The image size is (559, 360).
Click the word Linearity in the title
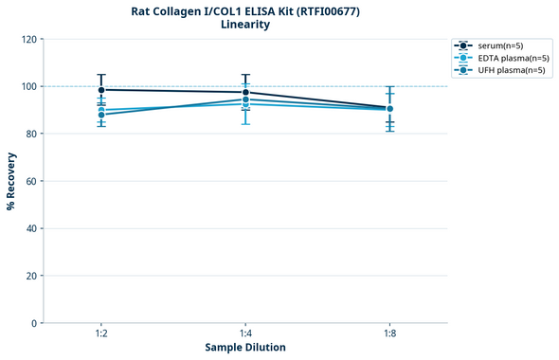244,25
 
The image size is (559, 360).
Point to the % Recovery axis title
11,180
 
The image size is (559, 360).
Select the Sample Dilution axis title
245,348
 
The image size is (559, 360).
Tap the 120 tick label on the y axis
28,39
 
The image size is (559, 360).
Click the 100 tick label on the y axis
28,86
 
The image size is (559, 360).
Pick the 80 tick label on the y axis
31,134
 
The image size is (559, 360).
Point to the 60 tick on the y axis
31,181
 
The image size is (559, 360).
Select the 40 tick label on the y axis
31,228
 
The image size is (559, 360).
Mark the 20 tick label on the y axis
31,276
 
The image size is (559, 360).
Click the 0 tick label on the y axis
34,323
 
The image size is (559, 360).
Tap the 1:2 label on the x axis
101,334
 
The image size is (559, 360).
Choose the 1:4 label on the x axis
245,334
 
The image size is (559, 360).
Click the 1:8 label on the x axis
389,334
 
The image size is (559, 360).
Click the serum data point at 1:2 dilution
101,90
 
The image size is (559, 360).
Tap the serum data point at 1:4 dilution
245,93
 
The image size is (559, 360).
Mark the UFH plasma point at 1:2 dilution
101,115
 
